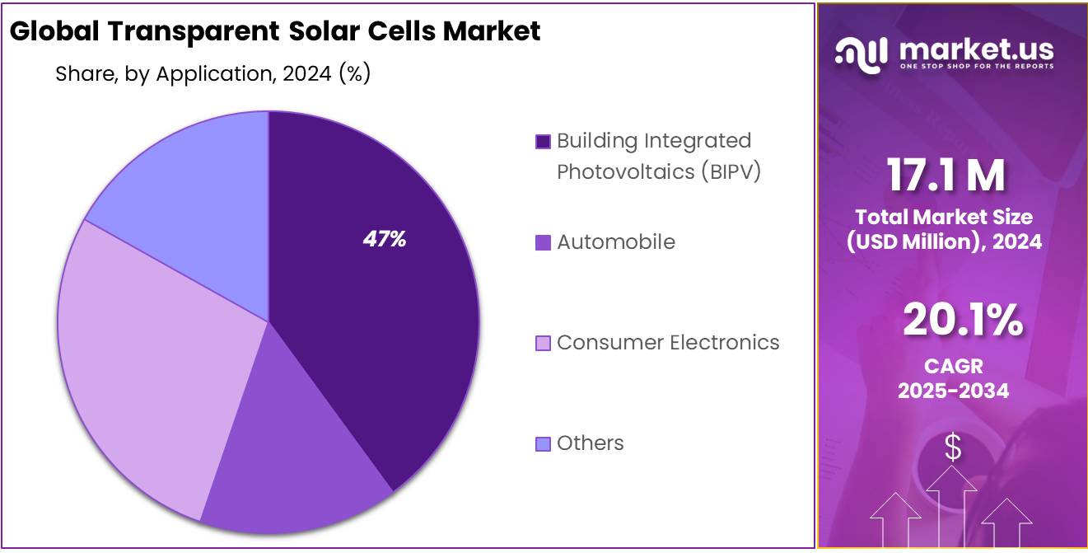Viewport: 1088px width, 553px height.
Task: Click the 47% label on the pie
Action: click(x=385, y=240)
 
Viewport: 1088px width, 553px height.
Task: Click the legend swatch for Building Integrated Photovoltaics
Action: click(x=543, y=142)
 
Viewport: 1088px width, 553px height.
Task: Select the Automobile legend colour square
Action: click(x=543, y=243)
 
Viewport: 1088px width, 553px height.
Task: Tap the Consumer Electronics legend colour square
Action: click(x=543, y=344)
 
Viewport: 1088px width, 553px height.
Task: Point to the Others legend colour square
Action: click(x=543, y=444)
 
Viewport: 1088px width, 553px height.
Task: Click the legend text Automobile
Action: click(x=615, y=242)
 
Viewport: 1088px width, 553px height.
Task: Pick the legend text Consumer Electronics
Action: click(x=668, y=343)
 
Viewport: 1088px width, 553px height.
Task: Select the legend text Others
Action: click(x=590, y=443)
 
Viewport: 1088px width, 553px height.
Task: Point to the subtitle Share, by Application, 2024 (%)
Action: click(x=212, y=74)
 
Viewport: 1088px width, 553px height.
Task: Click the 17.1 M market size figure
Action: click(x=946, y=175)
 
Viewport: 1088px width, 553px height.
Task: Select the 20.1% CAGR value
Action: click(x=962, y=321)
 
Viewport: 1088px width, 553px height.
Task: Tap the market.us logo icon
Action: click(x=862, y=52)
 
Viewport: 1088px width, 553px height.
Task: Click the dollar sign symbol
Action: click(x=953, y=448)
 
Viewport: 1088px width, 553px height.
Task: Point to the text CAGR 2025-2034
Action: click(x=953, y=377)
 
